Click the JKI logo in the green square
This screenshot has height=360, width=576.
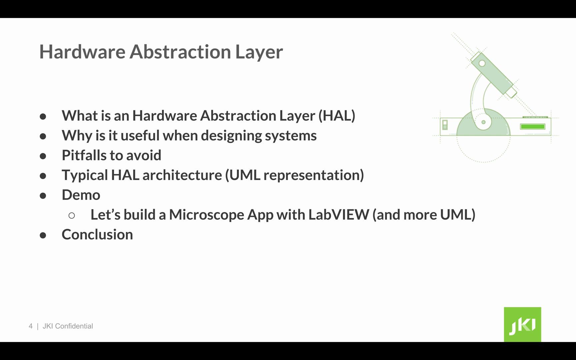522,325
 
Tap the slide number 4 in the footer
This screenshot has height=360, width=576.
31,326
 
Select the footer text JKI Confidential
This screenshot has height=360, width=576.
68,326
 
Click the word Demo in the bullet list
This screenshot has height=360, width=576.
81,195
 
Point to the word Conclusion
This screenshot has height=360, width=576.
97,235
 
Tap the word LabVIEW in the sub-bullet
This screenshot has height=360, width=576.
339,215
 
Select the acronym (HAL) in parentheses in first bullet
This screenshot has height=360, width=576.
337,116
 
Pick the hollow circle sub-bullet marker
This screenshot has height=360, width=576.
72,216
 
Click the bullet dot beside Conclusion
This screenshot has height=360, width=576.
43,235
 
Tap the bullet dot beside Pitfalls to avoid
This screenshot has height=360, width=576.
43,156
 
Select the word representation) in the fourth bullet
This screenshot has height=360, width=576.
313,175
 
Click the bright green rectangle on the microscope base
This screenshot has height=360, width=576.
533,127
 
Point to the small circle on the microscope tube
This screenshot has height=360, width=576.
482,63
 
